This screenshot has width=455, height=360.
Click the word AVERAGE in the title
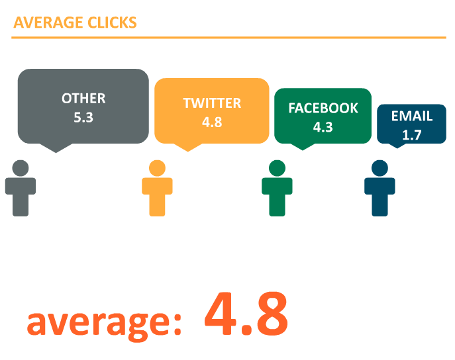48,22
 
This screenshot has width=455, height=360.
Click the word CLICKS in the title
112,22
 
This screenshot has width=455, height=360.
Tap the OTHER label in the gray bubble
83,99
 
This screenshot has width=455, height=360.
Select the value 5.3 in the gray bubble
83,117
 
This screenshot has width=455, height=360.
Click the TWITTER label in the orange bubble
212,103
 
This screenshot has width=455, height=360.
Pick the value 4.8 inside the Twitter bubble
212,122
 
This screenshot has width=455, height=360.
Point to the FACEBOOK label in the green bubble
323,108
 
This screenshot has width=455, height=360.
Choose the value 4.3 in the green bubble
323,127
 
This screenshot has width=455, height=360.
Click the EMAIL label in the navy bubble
412,116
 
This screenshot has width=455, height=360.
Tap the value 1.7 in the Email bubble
412,135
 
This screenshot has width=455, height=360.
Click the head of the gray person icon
21,168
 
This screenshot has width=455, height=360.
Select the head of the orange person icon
157,168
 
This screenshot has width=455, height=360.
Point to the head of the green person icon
277,168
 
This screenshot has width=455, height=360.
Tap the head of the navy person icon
380,168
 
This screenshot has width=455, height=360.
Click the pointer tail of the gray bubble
56,148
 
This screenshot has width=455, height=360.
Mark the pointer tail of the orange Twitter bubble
187,147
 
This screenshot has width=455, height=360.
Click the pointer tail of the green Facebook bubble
303,146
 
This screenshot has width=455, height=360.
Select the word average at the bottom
105,323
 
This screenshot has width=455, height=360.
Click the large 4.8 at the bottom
246,314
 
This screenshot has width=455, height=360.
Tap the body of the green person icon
277,197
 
